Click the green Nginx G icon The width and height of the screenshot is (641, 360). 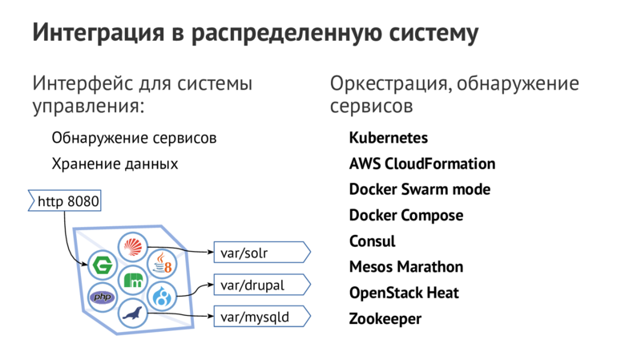point(101,264)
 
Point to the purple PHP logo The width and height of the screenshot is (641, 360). point(102,297)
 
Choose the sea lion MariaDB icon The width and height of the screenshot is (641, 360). point(132,314)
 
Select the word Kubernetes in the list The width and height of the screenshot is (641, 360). point(388,138)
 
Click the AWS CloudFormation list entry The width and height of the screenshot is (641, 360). point(421,164)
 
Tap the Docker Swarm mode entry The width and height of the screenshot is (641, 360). point(419,190)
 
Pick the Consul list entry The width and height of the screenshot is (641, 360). point(372,241)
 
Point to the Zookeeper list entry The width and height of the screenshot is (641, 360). point(385,318)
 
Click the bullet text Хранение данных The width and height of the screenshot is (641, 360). point(114,164)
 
